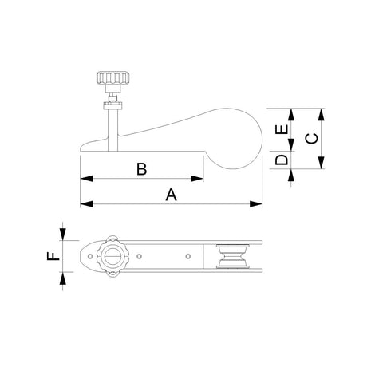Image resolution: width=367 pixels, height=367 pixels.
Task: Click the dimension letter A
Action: [x=170, y=194]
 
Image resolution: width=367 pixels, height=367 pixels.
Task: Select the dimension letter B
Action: [x=141, y=169]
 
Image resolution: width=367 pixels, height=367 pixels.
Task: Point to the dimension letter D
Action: [x=281, y=160]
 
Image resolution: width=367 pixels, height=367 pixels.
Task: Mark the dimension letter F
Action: [x=53, y=256]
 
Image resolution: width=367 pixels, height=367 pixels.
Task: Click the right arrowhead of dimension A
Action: [x=258, y=205]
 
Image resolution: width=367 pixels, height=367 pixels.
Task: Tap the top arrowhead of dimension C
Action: [x=321, y=112]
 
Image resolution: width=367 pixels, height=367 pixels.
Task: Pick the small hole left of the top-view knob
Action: [x=89, y=256]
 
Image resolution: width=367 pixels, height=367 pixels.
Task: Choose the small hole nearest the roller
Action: [x=187, y=256]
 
